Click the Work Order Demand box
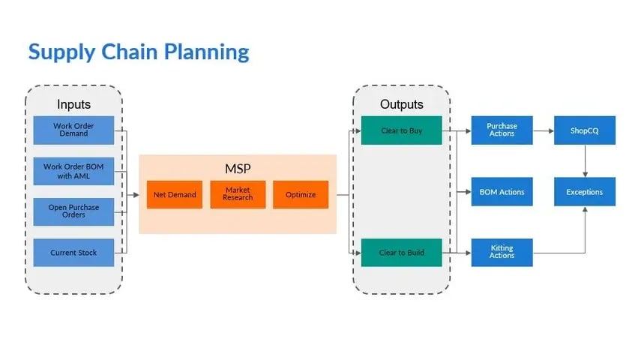[x=73, y=130]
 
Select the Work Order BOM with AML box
[x=73, y=171]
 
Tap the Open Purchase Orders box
[x=73, y=211]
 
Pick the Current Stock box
[x=73, y=253]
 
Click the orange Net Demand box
[x=174, y=195]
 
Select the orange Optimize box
[x=300, y=195]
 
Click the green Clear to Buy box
[x=401, y=130]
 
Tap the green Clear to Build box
[x=401, y=253]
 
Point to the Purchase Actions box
[x=502, y=130]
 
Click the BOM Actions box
[x=502, y=192]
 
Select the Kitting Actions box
[x=502, y=253]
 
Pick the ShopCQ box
[x=584, y=130]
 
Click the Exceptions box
[x=584, y=192]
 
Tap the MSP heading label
[x=238, y=167]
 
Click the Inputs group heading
[x=73, y=104]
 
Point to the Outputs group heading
[x=401, y=104]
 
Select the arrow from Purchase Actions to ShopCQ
[x=543, y=130]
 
